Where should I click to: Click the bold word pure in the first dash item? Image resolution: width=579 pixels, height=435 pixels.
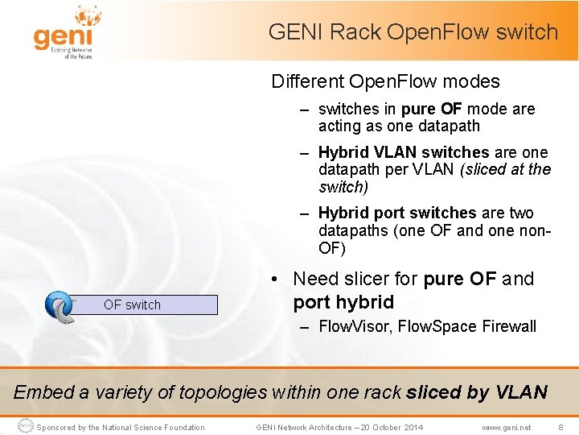418,109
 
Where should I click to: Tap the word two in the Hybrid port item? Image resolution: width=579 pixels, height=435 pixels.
521,213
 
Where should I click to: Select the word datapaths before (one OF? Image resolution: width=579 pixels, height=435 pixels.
352,230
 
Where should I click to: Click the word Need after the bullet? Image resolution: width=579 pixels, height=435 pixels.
315,279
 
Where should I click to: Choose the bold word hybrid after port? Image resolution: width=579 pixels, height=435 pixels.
366,302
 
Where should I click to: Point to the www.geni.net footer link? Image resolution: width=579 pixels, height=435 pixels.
506,427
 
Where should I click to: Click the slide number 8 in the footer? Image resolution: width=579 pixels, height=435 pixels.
561,427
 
